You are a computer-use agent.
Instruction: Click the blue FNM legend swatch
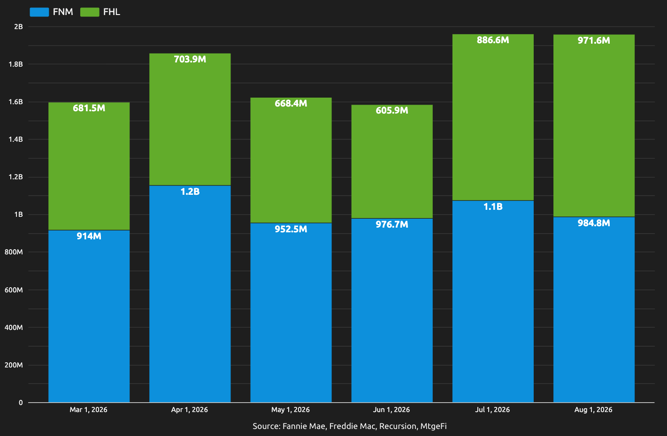39,12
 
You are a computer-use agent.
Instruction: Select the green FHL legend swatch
90,12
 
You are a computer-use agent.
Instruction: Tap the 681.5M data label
89,108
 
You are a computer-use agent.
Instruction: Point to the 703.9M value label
190,59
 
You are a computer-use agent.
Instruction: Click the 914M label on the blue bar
89,236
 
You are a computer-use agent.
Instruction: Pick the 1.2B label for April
190,191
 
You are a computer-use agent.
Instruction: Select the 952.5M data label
291,229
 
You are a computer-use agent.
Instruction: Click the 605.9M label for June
392,110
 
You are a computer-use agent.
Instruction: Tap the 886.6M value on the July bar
493,40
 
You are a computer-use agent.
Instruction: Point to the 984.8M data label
594,223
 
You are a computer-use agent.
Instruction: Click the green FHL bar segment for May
291,160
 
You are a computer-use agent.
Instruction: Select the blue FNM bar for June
392,310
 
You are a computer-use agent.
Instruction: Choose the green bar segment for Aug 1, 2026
594,126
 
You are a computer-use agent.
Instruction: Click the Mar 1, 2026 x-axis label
88,410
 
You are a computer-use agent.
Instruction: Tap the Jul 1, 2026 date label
492,410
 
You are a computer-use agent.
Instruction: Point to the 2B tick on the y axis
18,26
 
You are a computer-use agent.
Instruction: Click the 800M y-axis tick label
14,252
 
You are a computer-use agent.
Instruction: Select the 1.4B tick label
15,139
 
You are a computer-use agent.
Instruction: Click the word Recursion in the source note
398,426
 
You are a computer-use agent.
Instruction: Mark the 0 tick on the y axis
21,403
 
